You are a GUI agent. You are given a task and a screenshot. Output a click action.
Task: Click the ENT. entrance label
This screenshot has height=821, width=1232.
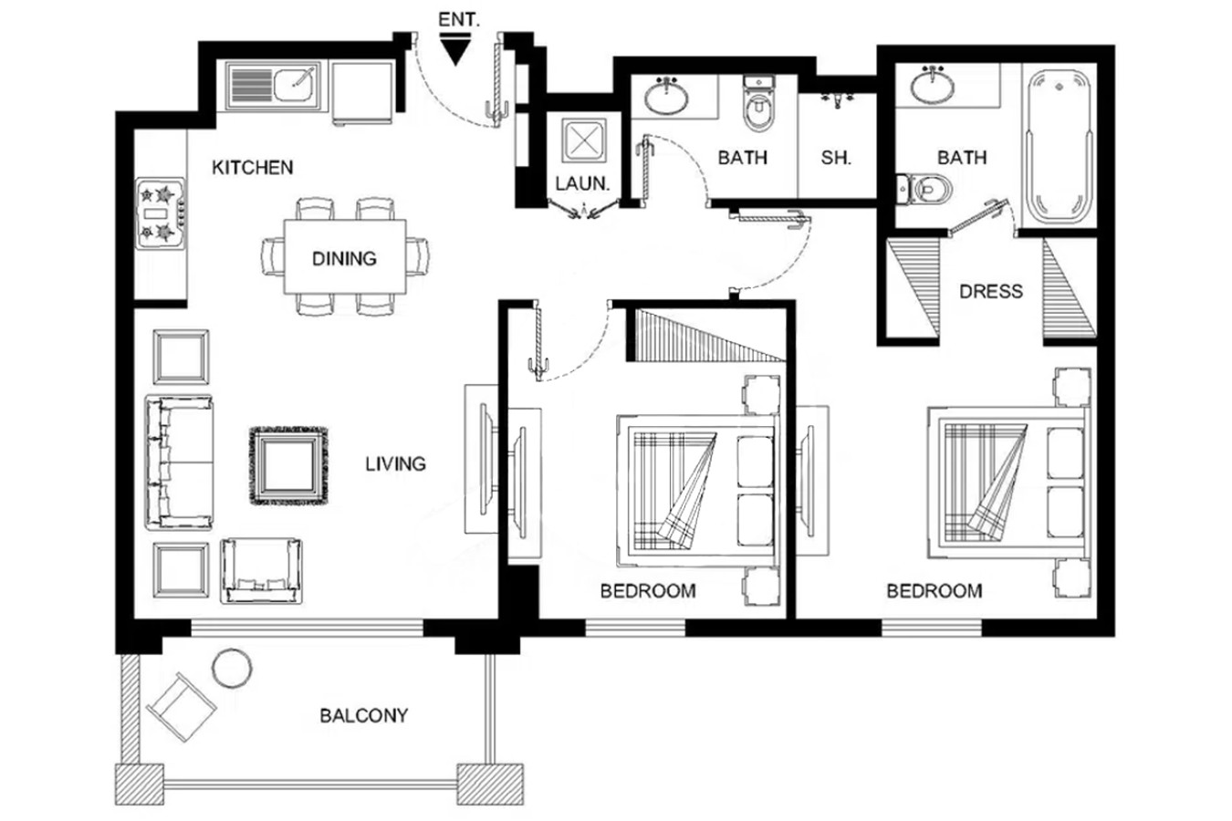coord(459,20)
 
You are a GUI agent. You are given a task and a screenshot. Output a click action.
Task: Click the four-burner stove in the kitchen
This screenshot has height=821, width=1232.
coord(161,213)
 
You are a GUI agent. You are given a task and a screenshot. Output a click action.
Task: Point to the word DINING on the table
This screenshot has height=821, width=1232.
coord(344,258)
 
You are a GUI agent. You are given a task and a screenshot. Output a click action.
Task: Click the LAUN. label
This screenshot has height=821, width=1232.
coord(582,183)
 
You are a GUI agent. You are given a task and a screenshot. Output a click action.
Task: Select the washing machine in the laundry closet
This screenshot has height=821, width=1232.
coord(583,141)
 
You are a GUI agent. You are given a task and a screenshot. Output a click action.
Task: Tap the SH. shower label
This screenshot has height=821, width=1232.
coord(836,159)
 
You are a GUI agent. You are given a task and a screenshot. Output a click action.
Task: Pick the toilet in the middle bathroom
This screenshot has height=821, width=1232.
coord(758,104)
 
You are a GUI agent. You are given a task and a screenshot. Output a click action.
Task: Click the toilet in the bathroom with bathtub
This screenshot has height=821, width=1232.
coord(924,189)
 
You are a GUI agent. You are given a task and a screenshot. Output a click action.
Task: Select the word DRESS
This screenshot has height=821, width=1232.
coord(991,291)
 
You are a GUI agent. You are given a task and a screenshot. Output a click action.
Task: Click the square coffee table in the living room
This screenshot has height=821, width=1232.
coord(288,466)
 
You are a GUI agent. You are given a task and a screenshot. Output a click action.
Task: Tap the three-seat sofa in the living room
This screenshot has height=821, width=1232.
coord(179,462)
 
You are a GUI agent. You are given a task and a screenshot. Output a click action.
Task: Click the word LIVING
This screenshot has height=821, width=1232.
coord(395,464)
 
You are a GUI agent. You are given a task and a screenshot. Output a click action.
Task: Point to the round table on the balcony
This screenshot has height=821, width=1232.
coord(232,668)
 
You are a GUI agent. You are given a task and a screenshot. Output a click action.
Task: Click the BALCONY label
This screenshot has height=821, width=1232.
coord(364,715)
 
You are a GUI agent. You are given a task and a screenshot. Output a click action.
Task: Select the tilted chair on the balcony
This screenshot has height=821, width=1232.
coord(182,707)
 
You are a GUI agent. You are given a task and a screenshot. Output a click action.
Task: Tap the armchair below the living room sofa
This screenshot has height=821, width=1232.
coord(261,571)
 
